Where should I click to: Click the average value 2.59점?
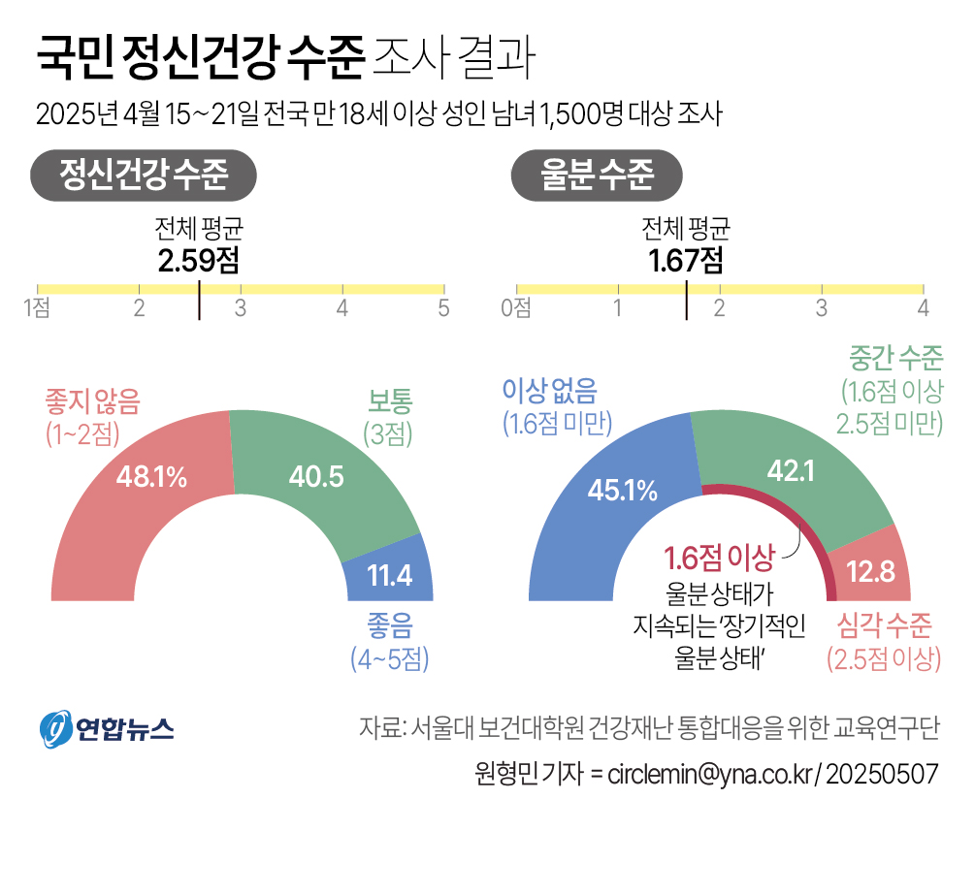click(198, 261)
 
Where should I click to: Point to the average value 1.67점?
click(686, 261)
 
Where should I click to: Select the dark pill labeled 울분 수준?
click(597, 176)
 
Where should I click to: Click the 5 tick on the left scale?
click(443, 308)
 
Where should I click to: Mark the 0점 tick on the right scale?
click(515, 308)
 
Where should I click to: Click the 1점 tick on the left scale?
click(37, 308)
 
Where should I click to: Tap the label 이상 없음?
click(549, 390)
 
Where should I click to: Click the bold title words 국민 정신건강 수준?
click(199, 60)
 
